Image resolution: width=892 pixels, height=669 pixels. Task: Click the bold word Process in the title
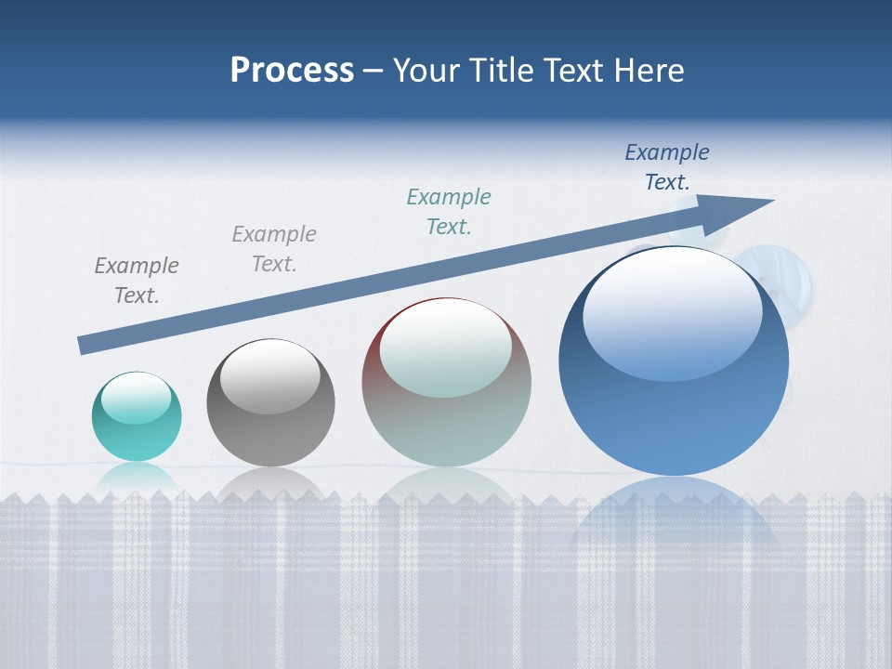tap(292, 71)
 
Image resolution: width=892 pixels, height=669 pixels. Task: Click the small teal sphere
tap(137, 417)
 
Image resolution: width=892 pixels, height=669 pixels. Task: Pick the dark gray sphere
tap(270, 403)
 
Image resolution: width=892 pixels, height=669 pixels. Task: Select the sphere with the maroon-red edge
tap(446, 383)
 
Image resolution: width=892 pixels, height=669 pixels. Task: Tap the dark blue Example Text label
tap(667, 167)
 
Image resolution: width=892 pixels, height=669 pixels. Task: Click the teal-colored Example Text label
tap(449, 212)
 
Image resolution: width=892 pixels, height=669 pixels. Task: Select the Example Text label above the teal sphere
tap(137, 281)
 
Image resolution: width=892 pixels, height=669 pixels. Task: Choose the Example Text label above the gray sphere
tap(274, 249)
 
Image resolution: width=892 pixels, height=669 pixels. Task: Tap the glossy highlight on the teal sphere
tap(136, 398)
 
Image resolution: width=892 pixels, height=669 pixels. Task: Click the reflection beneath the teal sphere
tap(137, 478)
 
